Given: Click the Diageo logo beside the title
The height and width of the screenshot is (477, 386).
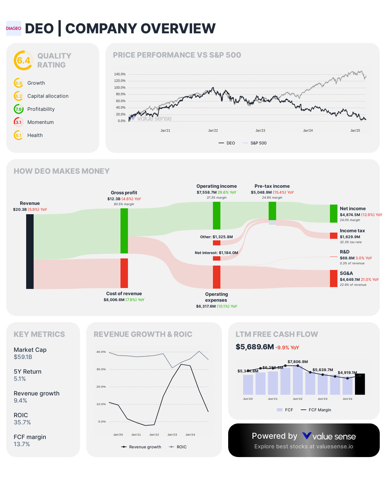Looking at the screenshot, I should click(x=13, y=28).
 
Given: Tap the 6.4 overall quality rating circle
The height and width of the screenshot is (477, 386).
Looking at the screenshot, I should click(x=23, y=60).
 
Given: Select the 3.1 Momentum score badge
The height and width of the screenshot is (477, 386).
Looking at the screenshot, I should click(x=18, y=122).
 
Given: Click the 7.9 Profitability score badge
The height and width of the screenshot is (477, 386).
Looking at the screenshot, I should click(x=18, y=109).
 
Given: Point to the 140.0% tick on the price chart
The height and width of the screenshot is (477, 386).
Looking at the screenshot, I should click(x=120, y=74).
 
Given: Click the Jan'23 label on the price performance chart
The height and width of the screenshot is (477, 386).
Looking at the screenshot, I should click(x=260, y=130).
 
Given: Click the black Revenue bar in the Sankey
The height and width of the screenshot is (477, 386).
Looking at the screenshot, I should click(x=30, y=251).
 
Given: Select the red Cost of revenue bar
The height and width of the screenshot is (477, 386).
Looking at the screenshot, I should click(x=124, y=273).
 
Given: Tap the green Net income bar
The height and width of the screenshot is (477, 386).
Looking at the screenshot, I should click(x=333, y=214).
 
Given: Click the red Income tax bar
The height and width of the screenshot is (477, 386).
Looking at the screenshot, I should click(x=333, y=236).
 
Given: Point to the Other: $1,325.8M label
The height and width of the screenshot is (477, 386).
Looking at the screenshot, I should click(x=216, y=237).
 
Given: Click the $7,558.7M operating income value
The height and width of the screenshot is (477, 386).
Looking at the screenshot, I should click(x=206, y=192).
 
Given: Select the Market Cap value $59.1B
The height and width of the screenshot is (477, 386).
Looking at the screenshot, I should click(x=23, y=357).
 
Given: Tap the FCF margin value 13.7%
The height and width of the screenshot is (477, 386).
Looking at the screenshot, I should click(x=22, y=444).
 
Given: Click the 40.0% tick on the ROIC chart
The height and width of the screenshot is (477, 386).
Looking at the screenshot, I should click(x=101, y=352).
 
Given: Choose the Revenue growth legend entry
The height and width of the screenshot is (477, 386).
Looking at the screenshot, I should click(x=141, y=447).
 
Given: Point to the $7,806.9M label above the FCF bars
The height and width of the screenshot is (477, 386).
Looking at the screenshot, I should click(x=298, y=362).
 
